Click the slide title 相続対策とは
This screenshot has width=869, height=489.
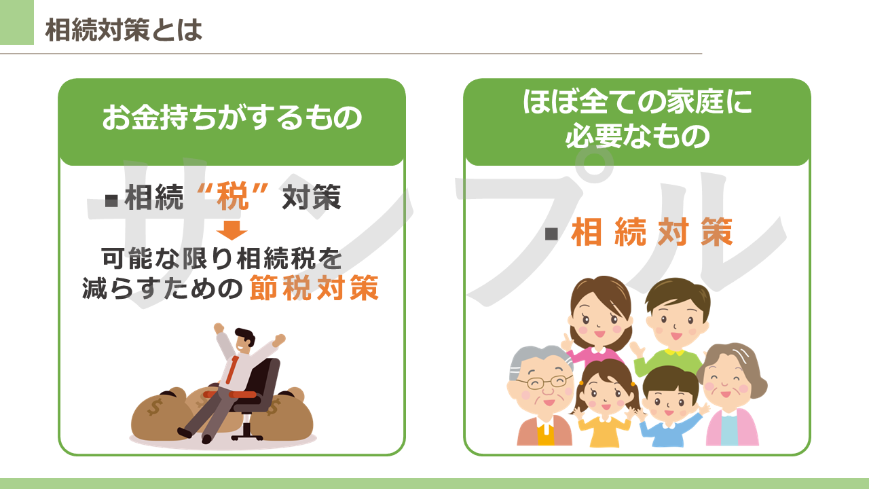(x=124, y=30)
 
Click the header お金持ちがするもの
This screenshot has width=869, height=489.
(x=232, y=117)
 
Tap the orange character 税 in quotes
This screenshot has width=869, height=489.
(x=232, y=197)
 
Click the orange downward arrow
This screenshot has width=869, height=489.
(x=232, y=231)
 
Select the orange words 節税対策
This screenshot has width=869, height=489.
(x=314, y=288)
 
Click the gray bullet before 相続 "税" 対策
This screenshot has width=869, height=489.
(x=111, y=200)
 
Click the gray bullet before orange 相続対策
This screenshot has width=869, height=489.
(x=551, y=234)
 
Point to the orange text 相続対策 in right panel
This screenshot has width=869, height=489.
(x=652, y=232)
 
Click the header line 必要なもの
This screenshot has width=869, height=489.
(x=637, y=137)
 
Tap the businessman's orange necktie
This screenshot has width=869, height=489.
(x=233, y=369)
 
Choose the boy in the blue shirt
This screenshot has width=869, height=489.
(x=669, y=407)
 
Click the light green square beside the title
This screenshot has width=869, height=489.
(x=17, y=22)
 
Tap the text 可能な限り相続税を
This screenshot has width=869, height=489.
(x=222, y=258)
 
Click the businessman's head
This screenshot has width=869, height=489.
(x=244, y=340)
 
